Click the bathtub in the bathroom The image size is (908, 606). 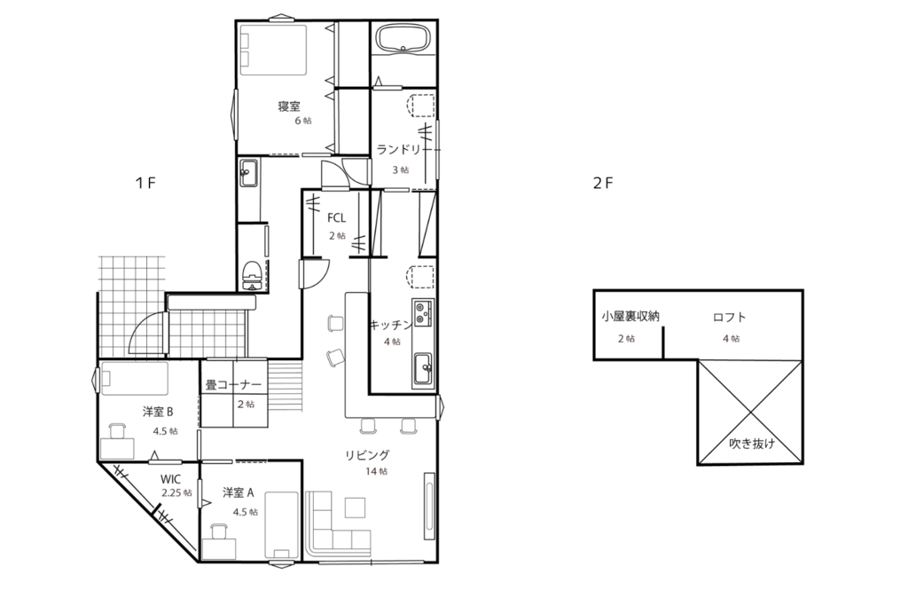pos(403,40)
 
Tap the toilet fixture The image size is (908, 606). pos(251,275)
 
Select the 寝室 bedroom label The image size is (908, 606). pos(289,106)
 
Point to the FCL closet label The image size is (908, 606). pos(336,218)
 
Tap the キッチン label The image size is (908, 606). pos(391,325)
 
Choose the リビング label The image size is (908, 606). pos(367,455)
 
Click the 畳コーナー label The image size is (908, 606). pos(233,385)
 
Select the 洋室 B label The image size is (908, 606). pos(158,412)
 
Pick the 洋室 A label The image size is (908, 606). pos(238,492)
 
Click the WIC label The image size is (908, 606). pos(171,479)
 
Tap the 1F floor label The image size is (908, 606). pos(146,183)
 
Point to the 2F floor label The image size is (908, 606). pos(603,183)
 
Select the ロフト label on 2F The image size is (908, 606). pos(729,317)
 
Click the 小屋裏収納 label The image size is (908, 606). pos(630,317)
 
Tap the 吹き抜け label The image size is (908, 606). pos(751,444)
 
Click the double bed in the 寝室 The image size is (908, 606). pos(273,50)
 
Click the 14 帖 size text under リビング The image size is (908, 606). pos(376,471)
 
